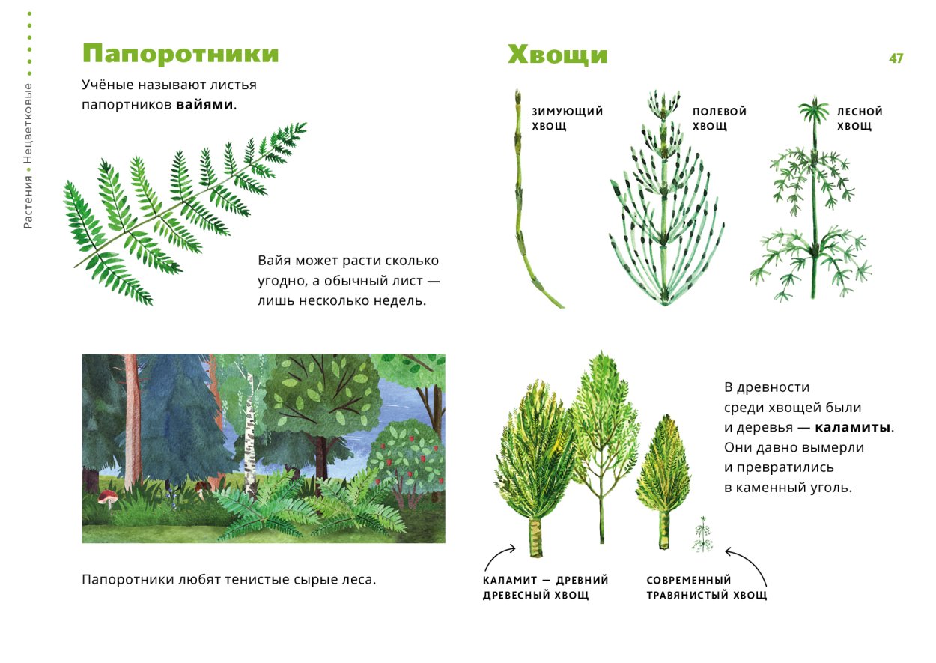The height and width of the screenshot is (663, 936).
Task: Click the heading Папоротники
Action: (180, 55)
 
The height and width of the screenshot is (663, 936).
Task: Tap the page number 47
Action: (896, 58)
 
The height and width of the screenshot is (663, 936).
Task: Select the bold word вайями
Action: (205, 105)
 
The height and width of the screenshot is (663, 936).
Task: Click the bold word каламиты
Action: (853, 428)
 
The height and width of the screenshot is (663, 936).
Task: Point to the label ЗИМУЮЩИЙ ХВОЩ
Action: (567, 119)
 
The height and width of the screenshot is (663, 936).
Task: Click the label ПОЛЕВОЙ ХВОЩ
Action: (719, 119)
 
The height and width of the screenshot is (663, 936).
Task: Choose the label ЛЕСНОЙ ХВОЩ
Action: (859, 119)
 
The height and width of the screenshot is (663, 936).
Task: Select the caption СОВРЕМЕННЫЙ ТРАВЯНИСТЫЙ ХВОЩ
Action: (706, 587)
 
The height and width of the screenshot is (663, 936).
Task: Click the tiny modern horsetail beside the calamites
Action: (702, 534)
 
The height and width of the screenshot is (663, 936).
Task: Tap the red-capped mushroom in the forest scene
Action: (108, 497)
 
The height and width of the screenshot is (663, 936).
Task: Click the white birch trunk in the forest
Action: (249, 435)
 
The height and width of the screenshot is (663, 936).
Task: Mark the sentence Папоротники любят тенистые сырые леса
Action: (228, 580)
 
